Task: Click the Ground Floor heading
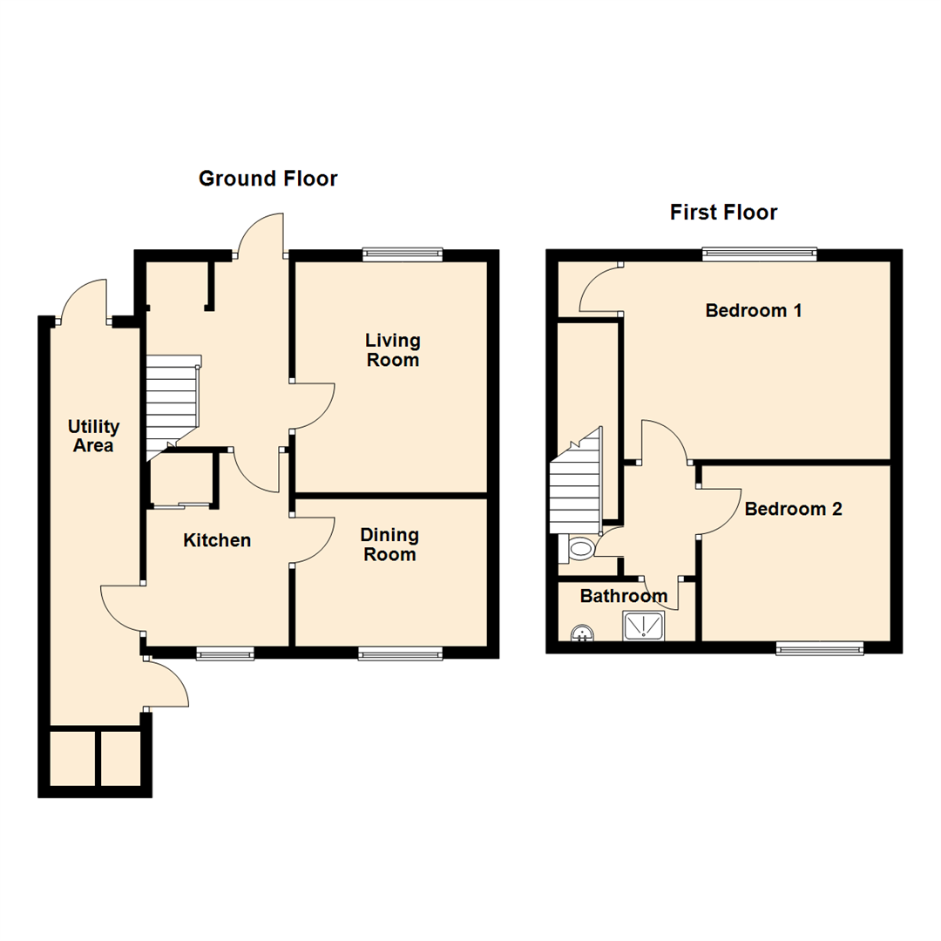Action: [267, 179]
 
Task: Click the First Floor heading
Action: [723, 212]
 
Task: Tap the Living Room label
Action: [392, 349]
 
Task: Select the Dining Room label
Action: [389, 545]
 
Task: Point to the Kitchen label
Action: [217, 540]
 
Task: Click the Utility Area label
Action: [94, 436]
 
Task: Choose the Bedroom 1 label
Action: [753, 310]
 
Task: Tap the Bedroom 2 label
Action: [793, 509]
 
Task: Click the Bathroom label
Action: [623, 597]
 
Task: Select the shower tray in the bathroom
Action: [643, 625]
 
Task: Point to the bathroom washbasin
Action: [580, 633]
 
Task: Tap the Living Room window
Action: [403, 254]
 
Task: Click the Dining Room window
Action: [400, 653]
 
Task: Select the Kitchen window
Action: [225, 653]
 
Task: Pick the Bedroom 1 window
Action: [759, 254]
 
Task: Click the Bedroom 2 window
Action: [819, 647]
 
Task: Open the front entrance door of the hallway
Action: [261, 240]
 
